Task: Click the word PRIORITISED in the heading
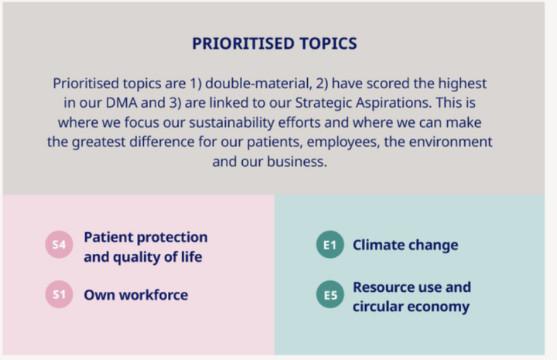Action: click(243, 43)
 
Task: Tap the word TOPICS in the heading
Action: click(328, 43)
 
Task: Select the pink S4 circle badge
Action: click(59, 245)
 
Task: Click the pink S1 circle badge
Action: click(59, 294)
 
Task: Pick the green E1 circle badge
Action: click(330, 245)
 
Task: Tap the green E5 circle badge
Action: click(330, 295)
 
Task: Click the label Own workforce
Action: click(135, 295)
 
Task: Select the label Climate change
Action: click(405, 245)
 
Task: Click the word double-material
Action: click(258, 84)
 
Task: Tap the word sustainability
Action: click(231, 122)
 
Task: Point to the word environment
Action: click(450, 142)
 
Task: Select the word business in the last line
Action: click(296, 162)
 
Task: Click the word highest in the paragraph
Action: click(462, 84)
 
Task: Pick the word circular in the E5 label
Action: click(373, 307)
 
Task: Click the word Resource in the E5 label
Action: click(383, 287)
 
